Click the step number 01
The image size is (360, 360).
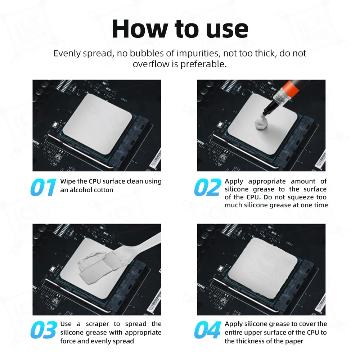pos(43,187)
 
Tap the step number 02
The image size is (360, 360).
pos(208,187)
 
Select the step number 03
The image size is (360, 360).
pos(44,330)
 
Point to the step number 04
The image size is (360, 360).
pos(208,330)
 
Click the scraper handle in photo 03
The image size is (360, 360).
pos(144,243)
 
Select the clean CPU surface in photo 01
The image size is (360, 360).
pos(97,124)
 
